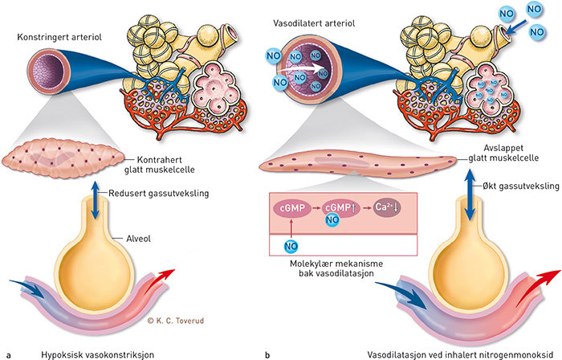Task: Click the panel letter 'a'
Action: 7,353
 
